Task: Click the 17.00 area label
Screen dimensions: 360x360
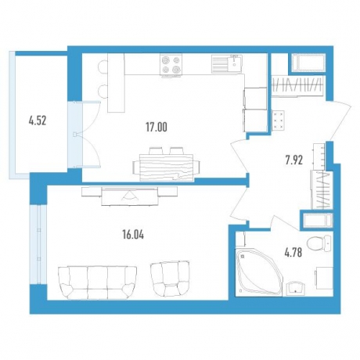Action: [157, 127]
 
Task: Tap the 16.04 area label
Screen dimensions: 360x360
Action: [133, 235]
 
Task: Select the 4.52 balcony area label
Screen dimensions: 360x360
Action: [38, 121]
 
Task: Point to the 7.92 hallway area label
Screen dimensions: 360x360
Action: [294, 160]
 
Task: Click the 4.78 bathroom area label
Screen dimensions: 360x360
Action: [293, 252]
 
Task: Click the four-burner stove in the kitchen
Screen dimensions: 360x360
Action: [171, 64]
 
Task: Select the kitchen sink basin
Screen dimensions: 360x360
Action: [234, 63]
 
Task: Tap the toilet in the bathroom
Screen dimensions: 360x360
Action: [319, 243]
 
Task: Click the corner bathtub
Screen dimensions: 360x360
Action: [259, 272]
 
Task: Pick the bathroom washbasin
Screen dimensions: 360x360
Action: [295, 289]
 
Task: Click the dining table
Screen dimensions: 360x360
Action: [167, 167]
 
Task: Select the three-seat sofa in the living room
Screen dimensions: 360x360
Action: [98, 282]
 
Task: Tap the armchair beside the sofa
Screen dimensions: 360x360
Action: [170, 279]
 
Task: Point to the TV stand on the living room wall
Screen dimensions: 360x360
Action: [130, 196]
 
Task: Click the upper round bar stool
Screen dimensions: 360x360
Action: [103, 66]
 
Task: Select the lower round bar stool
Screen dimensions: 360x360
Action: [103, 91]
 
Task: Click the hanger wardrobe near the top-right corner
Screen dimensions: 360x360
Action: [297, 85]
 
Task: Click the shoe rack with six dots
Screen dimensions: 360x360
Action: [279, 121]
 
